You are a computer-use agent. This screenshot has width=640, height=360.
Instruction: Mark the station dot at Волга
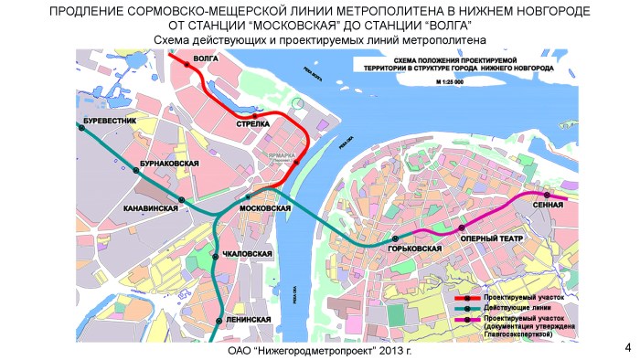click(x=187, y=65)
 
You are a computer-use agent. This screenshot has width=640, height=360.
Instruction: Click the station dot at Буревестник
click(x=82, y=129)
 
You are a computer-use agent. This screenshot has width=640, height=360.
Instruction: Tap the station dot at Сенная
click(x=547, y=196)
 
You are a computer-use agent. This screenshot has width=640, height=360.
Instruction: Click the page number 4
click(x=627, y=346)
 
